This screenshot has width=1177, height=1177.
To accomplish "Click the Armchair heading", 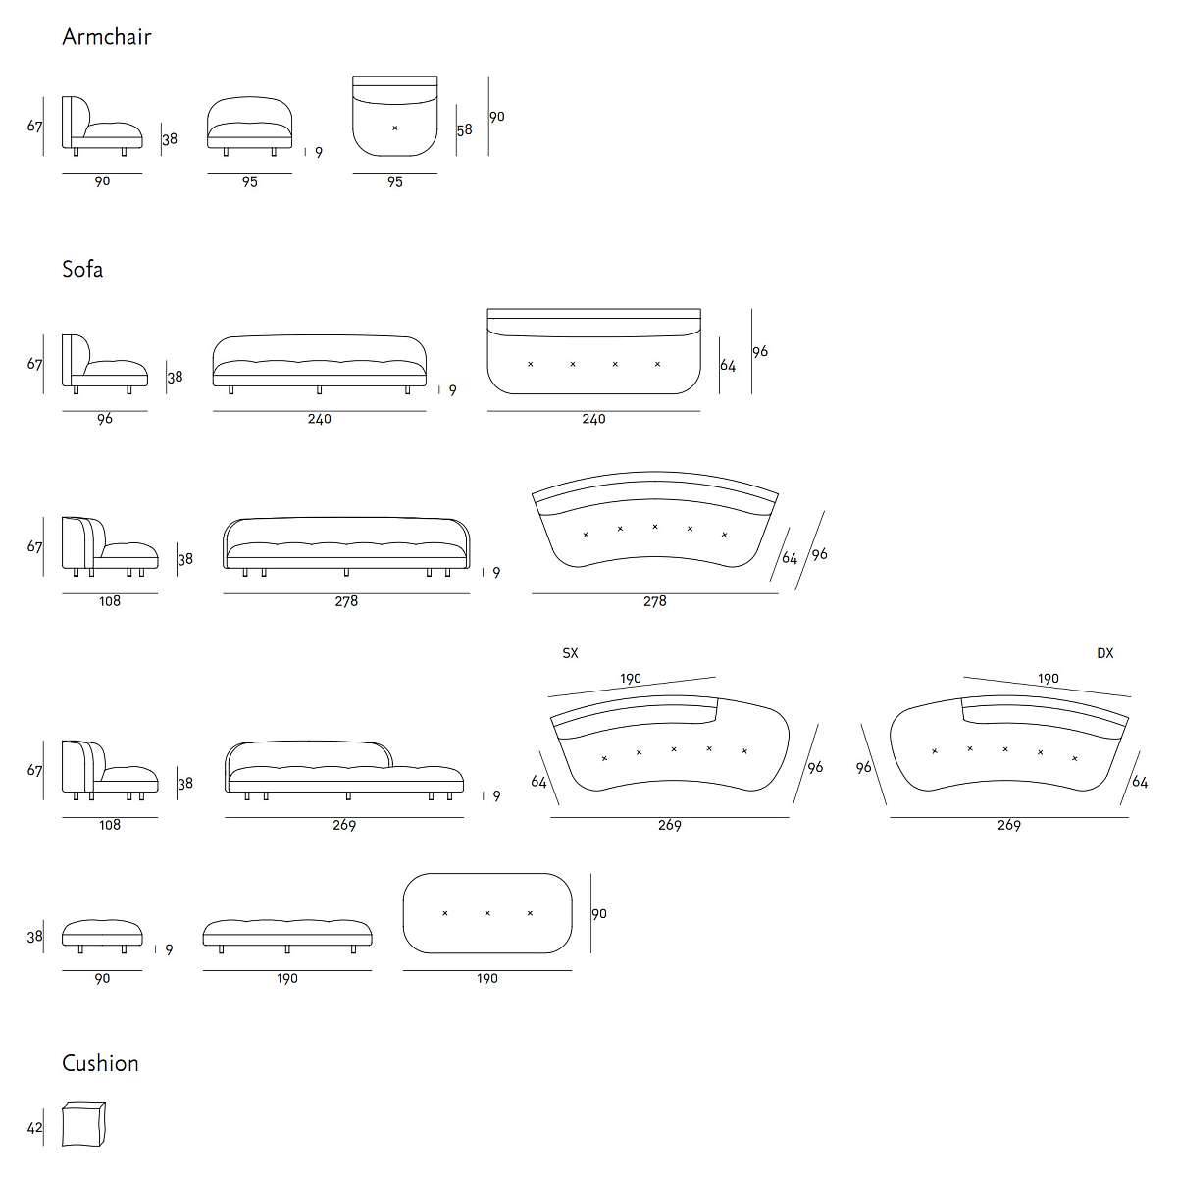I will pos(106,37).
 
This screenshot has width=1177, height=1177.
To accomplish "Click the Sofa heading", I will pos(82,269).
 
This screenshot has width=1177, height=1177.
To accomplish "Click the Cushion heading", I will pos(100,1063).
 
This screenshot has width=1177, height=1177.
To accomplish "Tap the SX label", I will pos(570,653).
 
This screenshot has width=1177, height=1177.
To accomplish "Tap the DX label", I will pos(1104,653).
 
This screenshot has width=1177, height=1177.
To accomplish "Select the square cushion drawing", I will pos(83,1124).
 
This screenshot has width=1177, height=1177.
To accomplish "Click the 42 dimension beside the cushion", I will pos(35,1128).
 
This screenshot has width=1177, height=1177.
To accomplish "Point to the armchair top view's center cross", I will pos(395,128).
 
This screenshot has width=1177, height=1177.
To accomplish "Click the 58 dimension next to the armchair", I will pos(464,129).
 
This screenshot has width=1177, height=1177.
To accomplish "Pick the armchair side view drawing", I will pos(102,125).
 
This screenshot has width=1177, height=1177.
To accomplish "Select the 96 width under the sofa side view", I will pos(105,419).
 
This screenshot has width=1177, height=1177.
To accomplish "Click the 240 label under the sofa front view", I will pos(320,419).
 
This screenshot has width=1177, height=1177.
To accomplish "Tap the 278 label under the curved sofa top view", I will pos(654,601).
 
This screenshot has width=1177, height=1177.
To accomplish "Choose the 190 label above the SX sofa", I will pos(631,679).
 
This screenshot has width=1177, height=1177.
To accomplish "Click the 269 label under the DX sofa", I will pos(1008,825).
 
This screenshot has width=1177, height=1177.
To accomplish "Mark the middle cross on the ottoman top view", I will pos(487,913).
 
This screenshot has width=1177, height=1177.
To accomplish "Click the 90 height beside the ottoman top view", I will pos(599,913).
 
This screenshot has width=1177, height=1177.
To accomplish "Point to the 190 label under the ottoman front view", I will pos(286,978).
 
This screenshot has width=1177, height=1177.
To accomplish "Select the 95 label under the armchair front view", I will pos(250,181).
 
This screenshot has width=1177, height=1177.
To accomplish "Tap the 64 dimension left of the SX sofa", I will pos(538,782).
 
